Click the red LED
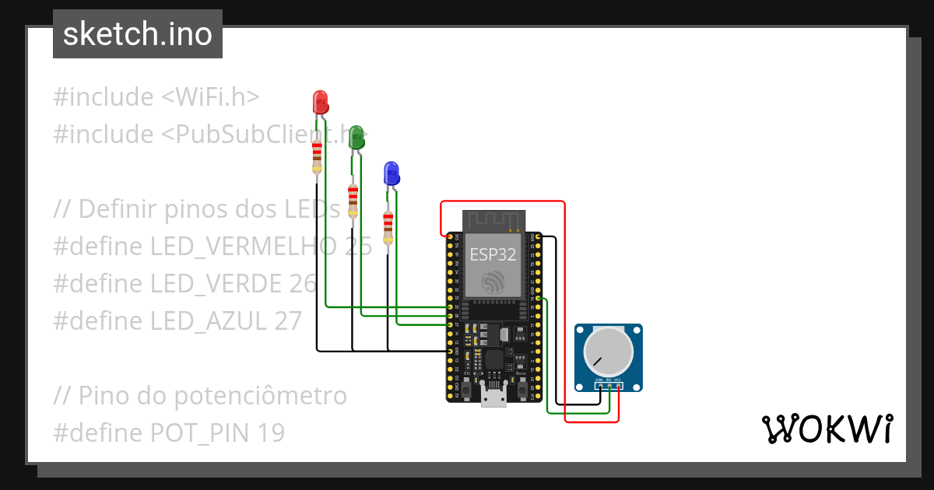click(320, 101)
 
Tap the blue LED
click(392, 173)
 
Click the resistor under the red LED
click(317, 156)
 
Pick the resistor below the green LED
click(353, 200)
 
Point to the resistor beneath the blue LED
click(388, 226)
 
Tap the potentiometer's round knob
click(609, 352)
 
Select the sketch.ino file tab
click(138, 34)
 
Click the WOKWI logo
click(827, 429)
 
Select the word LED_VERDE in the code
click(219, 284)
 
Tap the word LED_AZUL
click(209, 321)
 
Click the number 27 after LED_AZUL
click(286, 321)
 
